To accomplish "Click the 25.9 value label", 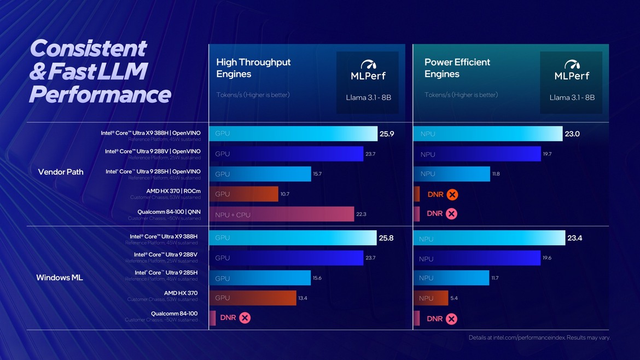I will [x=387, y=134].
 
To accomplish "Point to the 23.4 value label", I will [x=575, y=238].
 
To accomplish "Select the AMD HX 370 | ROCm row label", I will [x=173, y=191].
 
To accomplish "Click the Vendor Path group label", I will [x=61, y=172].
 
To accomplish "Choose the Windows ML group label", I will [x=60, y=277].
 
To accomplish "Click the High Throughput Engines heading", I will [x=253, y=68].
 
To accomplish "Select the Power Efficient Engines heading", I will [x=457, y=68].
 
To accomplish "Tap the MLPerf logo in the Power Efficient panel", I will [x=572, y=71].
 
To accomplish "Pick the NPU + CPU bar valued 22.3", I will [x=281, y=214].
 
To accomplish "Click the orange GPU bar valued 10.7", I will [x=243, y=194].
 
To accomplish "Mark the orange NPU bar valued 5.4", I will [x=430, y=298].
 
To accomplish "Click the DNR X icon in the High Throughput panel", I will [x=245, y=318].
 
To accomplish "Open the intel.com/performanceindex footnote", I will [x=539, y=338].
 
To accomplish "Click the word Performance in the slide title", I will [x=100, y=94].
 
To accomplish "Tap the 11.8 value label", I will [x=496, y=174].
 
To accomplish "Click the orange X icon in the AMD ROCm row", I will [x=452, y=194].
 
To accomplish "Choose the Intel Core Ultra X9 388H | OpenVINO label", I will [x=150, y=133].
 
